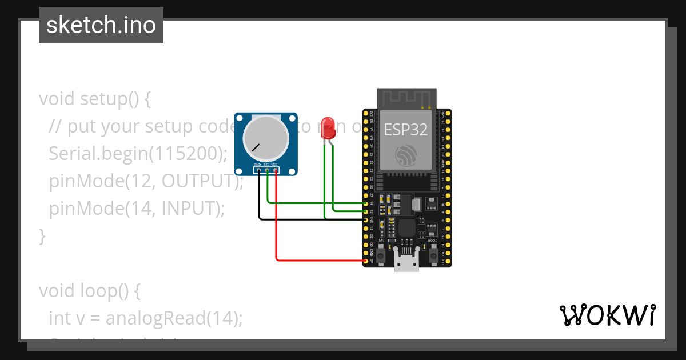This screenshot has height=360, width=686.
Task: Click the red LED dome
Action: tap(328, 126)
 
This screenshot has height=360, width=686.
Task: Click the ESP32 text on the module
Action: tap(405, 130)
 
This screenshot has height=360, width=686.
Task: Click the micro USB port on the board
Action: tap(406, 263)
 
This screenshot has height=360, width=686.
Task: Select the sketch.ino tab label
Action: tap(101, 25)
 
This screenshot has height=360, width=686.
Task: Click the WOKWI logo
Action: tap(607, 315)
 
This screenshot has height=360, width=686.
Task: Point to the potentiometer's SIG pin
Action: tap(266, 170)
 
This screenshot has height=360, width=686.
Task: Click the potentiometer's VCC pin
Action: tap(276, 170)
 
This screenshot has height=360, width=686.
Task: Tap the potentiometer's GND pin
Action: tap(258, 170)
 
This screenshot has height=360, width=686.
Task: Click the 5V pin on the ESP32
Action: tap(366, 261)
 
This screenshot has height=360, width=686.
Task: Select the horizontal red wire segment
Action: tap(320, 261)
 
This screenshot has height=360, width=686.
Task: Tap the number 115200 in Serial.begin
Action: tap(185, 153)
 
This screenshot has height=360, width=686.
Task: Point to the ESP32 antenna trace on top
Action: tap(405, 98)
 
